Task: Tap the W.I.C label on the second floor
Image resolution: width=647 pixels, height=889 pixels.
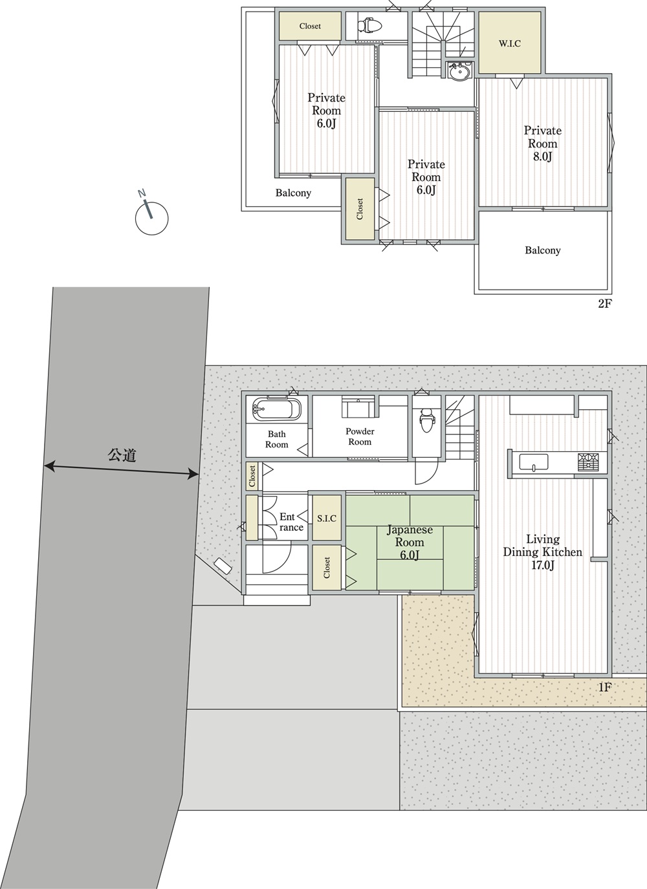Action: [510, 44]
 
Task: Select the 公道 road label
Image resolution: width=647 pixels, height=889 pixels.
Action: [122, 455]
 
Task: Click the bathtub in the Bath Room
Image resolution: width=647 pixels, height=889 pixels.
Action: [276, 409]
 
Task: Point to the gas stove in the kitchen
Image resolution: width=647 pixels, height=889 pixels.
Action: [587, 462]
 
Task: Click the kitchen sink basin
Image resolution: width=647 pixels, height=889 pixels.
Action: [534, 463]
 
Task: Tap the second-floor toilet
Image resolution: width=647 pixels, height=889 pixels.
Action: [370, 26]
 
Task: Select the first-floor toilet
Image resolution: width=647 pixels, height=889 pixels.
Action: [426, 420]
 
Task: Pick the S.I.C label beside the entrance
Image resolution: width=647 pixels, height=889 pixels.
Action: [327, 519]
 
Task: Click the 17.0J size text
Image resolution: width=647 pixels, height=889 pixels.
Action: [543, 564]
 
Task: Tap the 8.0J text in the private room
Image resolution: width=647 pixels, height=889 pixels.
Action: [542, 156]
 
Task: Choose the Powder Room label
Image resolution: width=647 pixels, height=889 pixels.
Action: [360, 436]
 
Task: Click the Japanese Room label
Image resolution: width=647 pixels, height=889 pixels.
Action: [410, 536]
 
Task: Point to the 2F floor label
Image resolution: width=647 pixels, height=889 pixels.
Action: [605, 304]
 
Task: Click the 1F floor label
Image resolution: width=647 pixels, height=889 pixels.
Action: [604, 687]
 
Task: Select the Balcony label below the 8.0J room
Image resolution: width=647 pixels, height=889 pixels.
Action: [543, 250]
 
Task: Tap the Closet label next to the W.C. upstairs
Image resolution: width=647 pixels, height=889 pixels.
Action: [310, 26]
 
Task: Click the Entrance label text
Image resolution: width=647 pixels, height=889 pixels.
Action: [291, 522]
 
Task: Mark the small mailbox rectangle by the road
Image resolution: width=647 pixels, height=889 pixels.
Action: [223, 566]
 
